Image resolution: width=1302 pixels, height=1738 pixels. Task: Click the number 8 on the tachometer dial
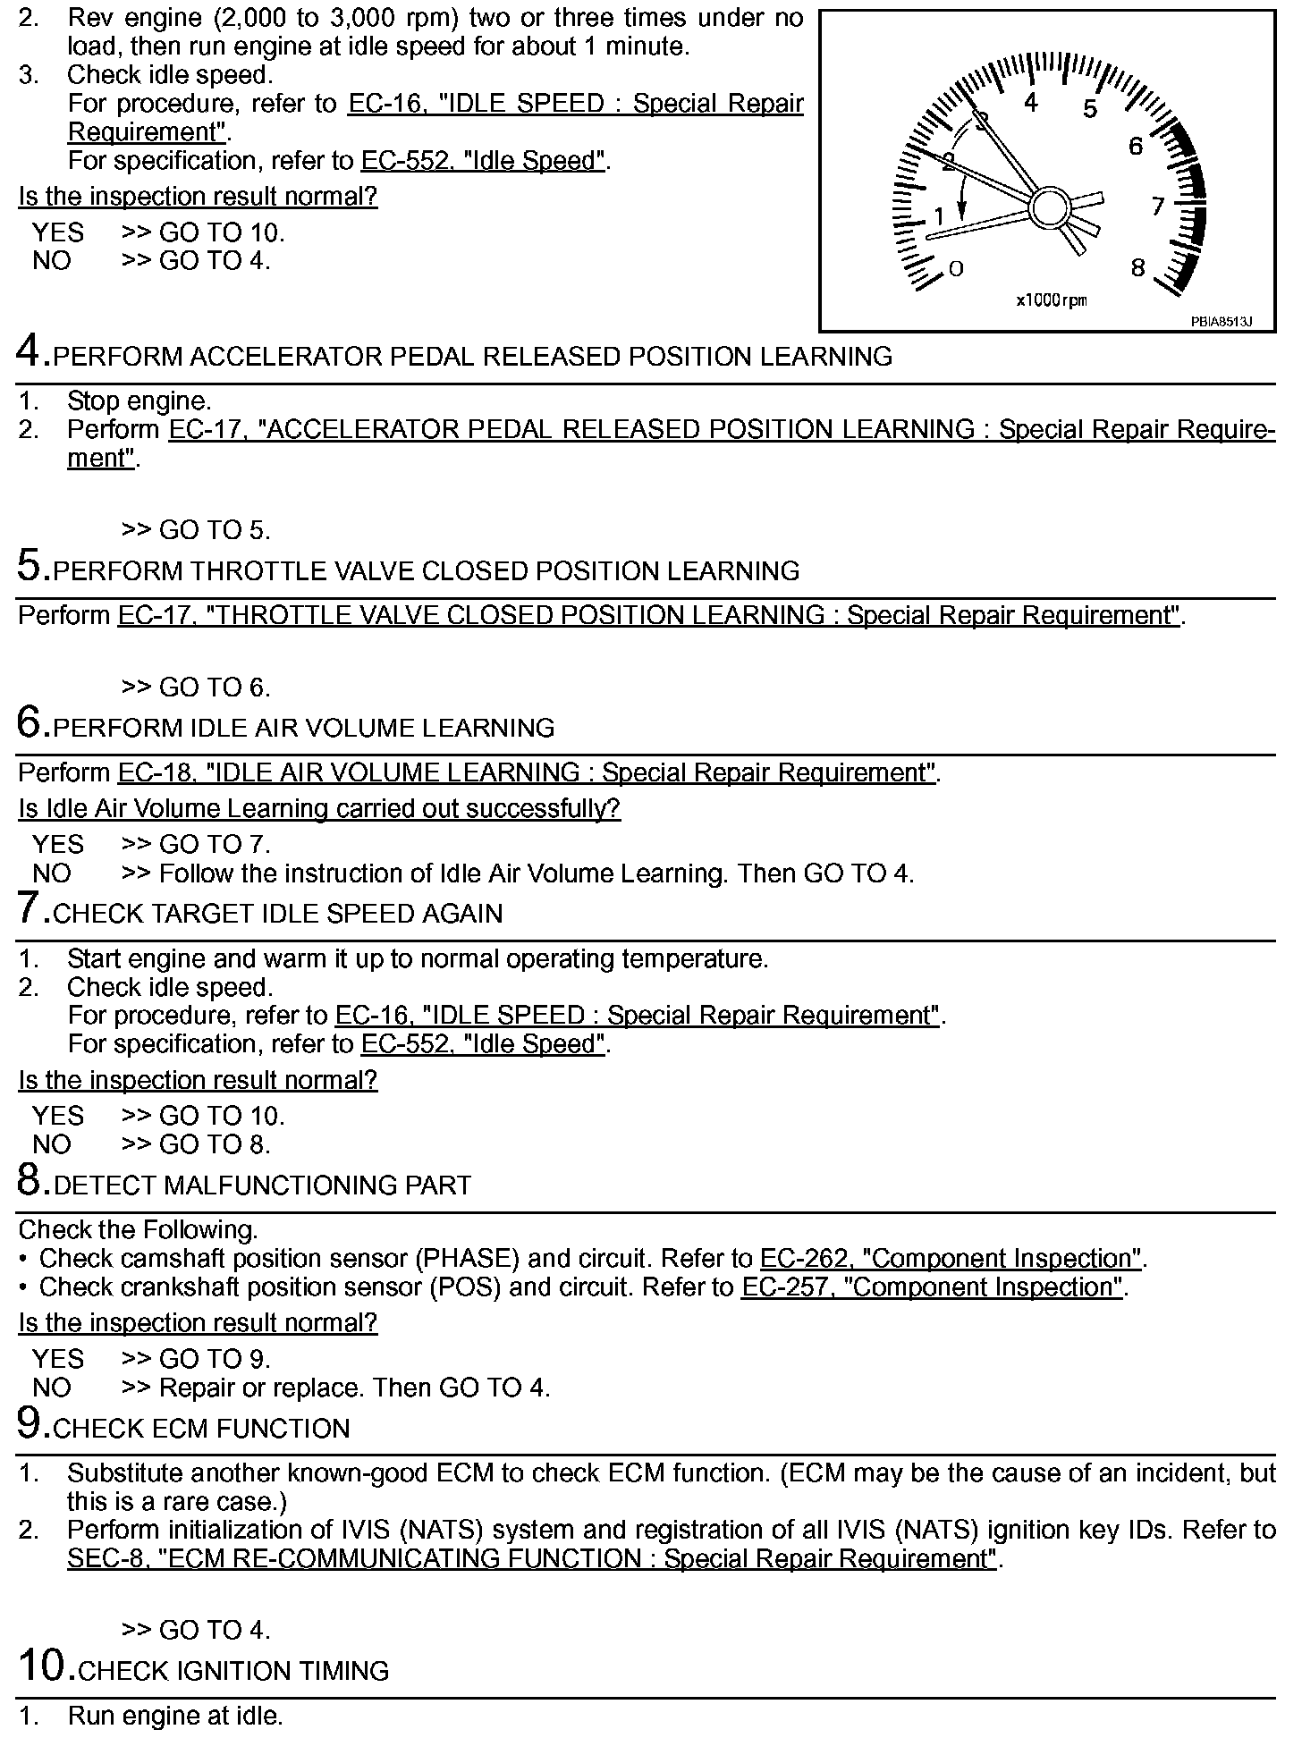[x=1137, y=267]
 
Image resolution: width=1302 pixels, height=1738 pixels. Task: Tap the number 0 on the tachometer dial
[x=956, y=268]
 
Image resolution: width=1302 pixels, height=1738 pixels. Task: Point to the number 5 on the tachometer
[x=1089, y=110]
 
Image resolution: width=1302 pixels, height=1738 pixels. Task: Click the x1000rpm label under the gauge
[x=1051, y=300]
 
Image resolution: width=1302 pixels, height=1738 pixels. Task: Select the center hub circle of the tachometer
[x=1047, y=207]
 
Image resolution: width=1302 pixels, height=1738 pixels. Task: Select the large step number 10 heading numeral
[x=45, y=1666]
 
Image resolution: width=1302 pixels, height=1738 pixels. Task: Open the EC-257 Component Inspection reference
[x=933, y=1287]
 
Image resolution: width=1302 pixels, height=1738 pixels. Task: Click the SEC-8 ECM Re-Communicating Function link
[x=532, y=1558]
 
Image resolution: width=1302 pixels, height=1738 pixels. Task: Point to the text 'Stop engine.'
[x=139, y=401]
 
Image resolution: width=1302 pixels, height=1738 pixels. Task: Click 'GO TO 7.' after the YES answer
[x=215, y=844]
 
